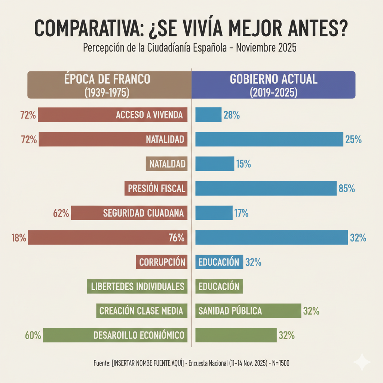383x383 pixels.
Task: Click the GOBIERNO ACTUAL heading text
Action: coord(273,79)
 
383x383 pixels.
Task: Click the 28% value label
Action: coord(232,115)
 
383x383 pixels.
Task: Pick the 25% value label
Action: coord(353,140)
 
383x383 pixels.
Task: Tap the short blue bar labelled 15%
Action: coord(215,163)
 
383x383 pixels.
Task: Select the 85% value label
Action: coord(346,189)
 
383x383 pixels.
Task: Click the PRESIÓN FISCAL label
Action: coord(156,189)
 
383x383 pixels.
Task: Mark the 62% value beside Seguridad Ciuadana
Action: coord(61,213)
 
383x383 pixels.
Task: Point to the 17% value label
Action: coord(241,213)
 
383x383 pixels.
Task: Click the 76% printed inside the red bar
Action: coord(177,238)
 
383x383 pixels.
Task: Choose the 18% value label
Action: coord(19,238)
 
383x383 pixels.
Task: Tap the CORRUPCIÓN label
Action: coord(162,262)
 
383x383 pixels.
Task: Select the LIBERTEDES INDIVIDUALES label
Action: coord(138,287)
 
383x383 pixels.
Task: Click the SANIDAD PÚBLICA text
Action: coord(230,311)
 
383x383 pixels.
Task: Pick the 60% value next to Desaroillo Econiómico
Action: coord(33,335)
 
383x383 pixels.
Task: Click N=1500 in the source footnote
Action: coord(279,363)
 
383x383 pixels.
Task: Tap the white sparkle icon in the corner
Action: coord(362,362)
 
